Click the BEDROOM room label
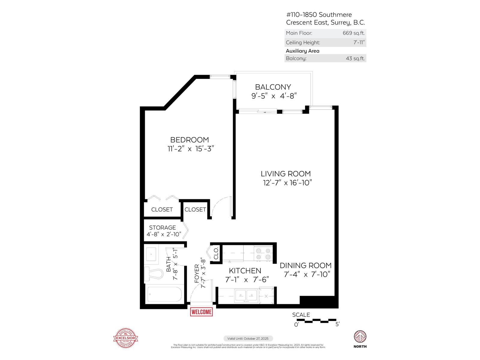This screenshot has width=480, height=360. pyautogui.click(x=189, y=140)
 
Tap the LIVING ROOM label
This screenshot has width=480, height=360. pyautogui.click(x=285, y=174)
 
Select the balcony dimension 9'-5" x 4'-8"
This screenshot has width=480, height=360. pyautogui.click(x=274, y=96)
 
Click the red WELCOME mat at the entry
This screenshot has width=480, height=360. pyautogui.click(x=201, y=312)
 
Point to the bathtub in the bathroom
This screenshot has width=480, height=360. pyautogui.click(x=165, y=294)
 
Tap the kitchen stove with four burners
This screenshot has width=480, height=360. pyautogui.click(x=263, y=253)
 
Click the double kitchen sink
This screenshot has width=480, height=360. pyautogui.click(x=246, y=295)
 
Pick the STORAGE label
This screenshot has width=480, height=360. pyautogui.click(x=162, y=228)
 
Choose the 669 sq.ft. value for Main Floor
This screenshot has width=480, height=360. pyautogui.click(x=354, y=33)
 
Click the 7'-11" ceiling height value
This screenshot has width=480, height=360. pyautogui.click(x=358, y=43)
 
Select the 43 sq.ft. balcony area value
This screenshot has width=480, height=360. pyautogui.click(x=355, y=58)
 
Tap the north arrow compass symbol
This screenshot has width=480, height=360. pyautogui.click(x=360, y=337)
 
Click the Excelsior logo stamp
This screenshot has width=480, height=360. pyautogui.click(x=126, y=338)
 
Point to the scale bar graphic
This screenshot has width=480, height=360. pyautogui.click(x=316, y=321)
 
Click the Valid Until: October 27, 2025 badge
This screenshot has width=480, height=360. pyautogui.click(x=248, y=338)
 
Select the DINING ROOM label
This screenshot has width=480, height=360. pyautogui.click(x=305, y=265)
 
